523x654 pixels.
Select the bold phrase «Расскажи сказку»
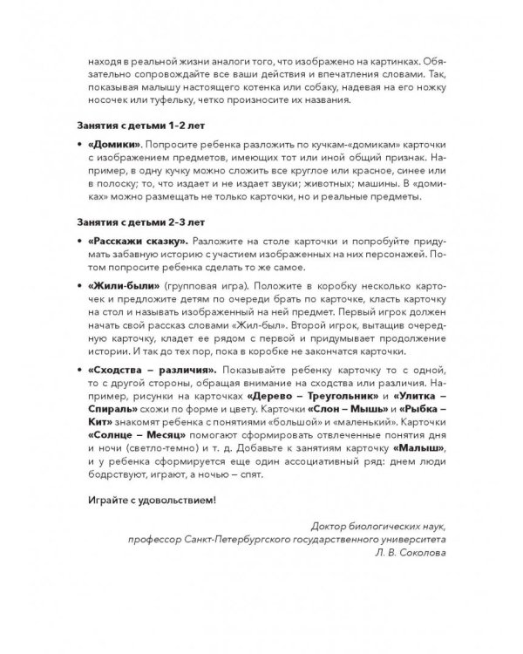pos(132,241)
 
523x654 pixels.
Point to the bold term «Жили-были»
pos(116,287)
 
